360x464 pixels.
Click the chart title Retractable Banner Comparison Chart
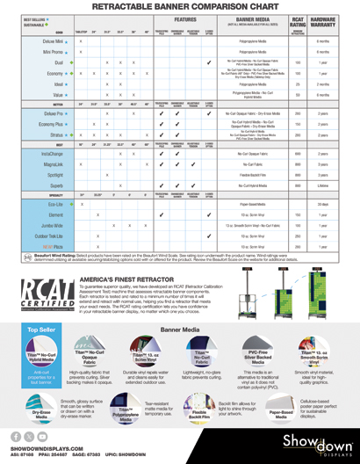pyautogui.click(x=179, y=6)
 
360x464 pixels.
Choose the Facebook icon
pyautogui.click(x=15, y=436)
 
